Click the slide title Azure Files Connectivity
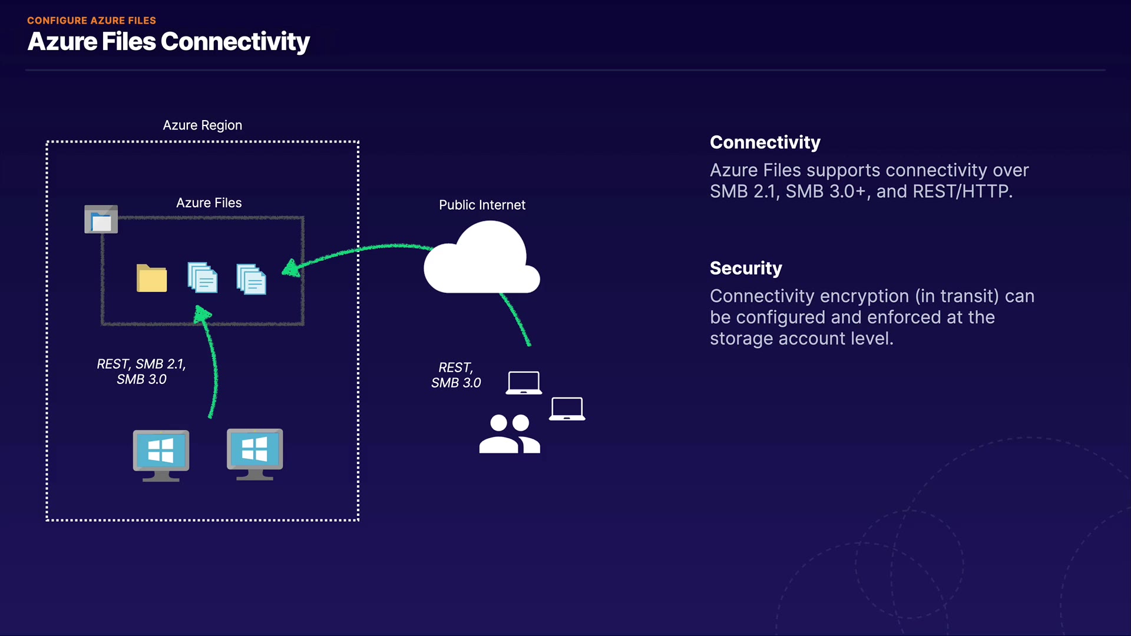168,42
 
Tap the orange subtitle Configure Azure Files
91,21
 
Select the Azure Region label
203,125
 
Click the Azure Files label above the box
209,203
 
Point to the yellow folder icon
152,278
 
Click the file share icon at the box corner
101,219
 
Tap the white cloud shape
482,257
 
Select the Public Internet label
482,205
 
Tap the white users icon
510,434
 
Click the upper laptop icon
524,383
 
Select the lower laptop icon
567,409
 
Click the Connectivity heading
765,143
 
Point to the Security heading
746,269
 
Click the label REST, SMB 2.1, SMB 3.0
141,372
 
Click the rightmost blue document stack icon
251,279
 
